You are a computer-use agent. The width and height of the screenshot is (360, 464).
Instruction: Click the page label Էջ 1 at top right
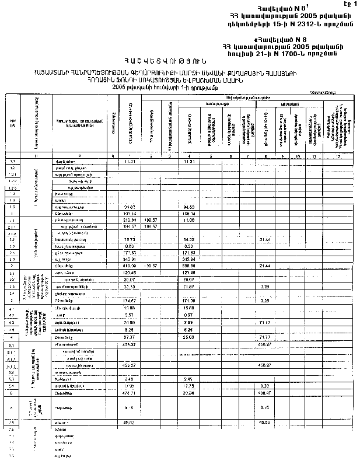349,4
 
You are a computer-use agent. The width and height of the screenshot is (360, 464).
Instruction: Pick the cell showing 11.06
188,220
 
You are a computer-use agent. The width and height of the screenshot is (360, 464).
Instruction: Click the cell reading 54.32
188,239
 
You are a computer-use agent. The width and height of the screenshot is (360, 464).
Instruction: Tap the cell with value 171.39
188,300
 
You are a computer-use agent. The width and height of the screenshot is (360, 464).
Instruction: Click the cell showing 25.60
188,337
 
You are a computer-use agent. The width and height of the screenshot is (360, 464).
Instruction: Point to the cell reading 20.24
188,393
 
